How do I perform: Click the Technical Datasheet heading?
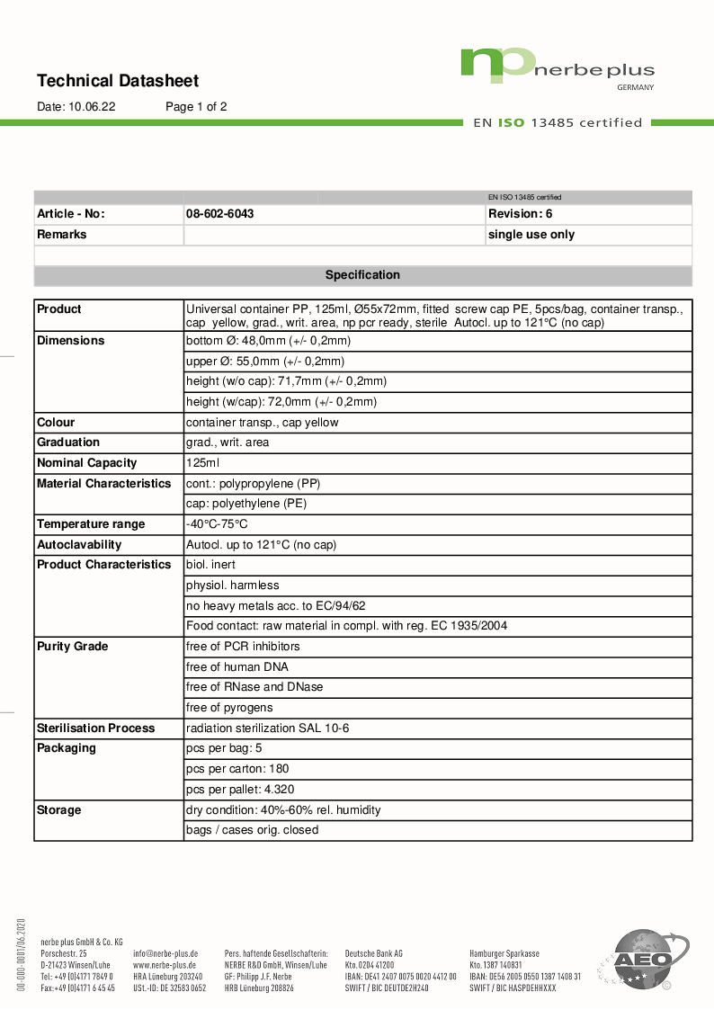coord(118,81)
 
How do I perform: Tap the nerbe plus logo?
coord(557,67)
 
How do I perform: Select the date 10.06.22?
coord(92,106)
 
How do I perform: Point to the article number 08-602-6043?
coord(219,214)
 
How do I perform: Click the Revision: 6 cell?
coord(520,214)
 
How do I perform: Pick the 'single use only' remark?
coord(531,235)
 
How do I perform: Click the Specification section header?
coord(362,275)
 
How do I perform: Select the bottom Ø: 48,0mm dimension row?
coord(268,341)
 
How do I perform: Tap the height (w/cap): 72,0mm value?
coord(281,402)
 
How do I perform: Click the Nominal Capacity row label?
coord(87,463)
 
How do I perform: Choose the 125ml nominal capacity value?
coord(202,463)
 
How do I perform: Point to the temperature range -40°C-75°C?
coord(217,524)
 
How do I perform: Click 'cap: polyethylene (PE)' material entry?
coord(246,504)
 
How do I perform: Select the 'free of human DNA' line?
coord(237,667)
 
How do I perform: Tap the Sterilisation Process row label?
coord(95,728)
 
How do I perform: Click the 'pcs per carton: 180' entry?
coord(237,769)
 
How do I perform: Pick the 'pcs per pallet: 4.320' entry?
coord(240,790)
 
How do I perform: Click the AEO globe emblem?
coord(642,960)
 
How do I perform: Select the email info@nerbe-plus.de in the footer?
coord(165,952)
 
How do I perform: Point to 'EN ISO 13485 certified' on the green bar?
coord(558,122)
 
